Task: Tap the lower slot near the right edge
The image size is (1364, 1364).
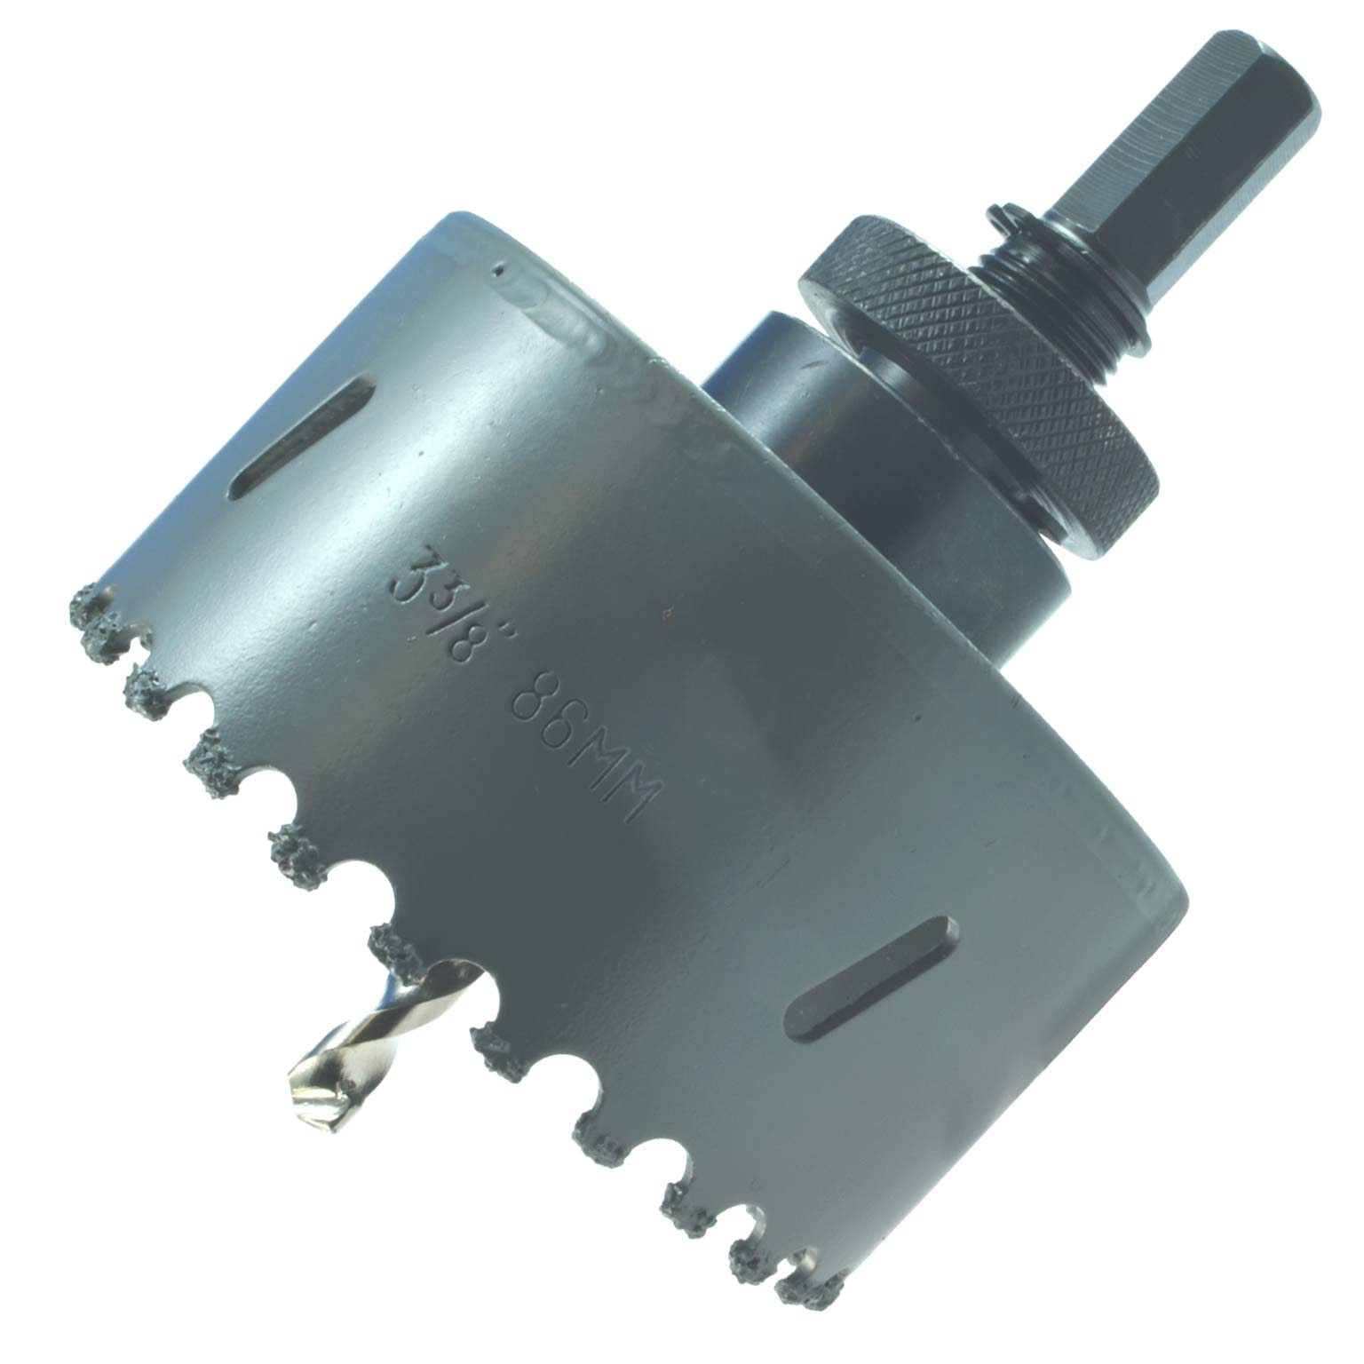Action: [x=875, y=977]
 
